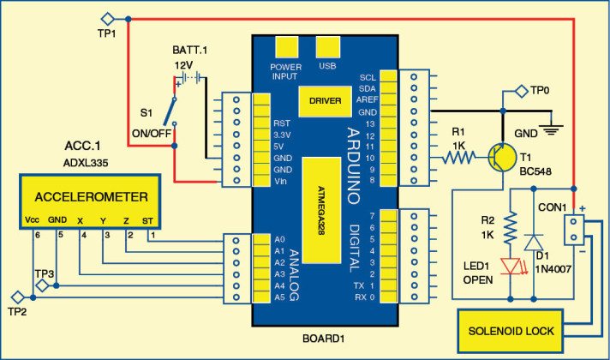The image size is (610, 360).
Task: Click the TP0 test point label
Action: coord(537,90)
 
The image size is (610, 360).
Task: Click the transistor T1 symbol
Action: coord(500,158)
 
